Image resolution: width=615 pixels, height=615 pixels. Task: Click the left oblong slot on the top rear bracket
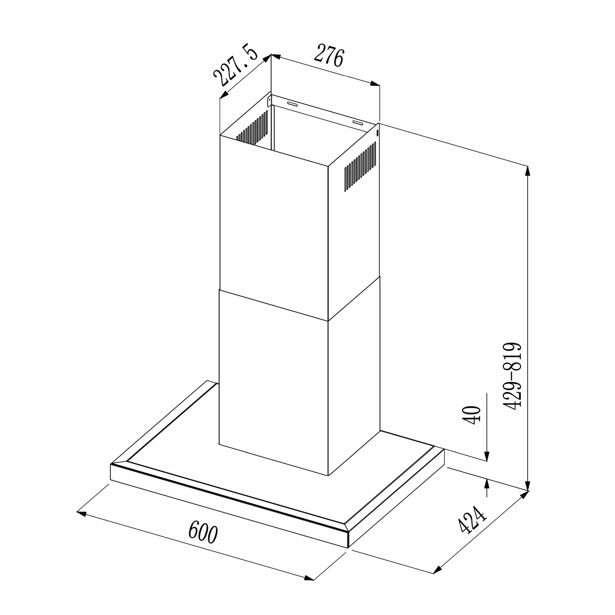click(292, 104)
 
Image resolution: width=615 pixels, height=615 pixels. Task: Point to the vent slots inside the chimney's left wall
click(252, 128)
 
